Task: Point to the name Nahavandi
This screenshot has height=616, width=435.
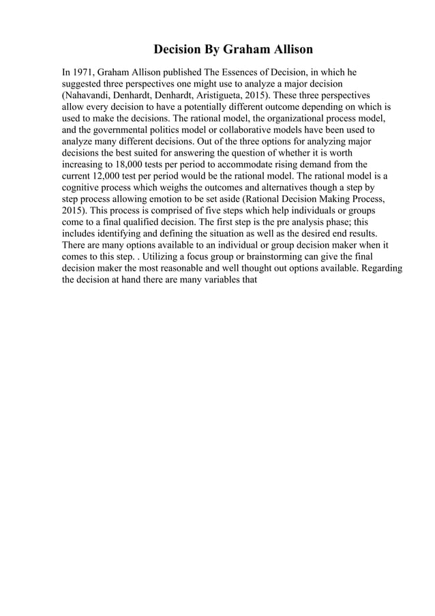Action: pyautogui.click(x=91, y=95)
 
